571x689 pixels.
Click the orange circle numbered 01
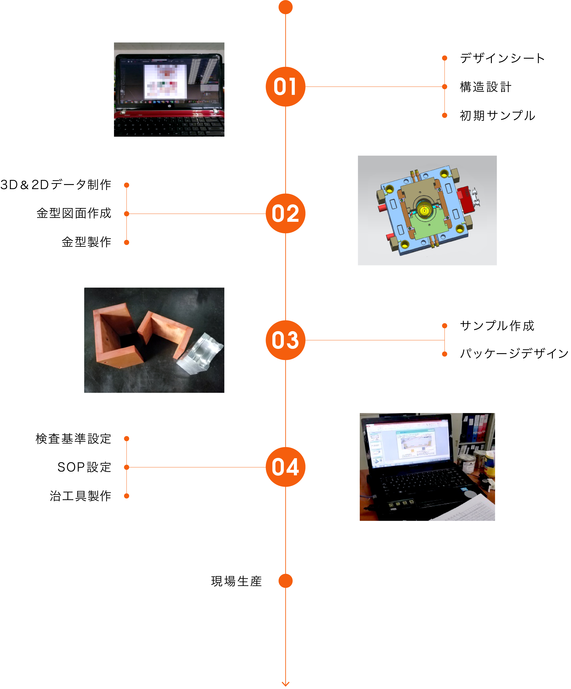click(285, 87)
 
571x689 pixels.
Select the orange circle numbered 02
click(285, 214)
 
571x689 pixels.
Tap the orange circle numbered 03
click(285, 340)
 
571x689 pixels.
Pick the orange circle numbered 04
click(285, 467)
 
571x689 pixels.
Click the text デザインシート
click(502, 58)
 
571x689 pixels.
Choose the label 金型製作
click(86, 242)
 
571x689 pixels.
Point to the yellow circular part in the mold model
click(424, 210)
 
